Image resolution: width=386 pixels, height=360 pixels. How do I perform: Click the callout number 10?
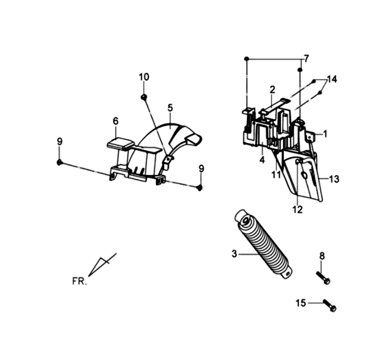click(144, 77)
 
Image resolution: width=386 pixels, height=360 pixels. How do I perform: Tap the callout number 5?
click(170, 107)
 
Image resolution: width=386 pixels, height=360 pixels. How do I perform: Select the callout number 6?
click(116, 121)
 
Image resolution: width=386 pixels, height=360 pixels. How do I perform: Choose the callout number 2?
click(272, 89)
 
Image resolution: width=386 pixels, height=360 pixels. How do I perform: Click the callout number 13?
click(334, 179)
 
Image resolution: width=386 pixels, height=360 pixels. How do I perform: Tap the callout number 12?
click(297, 210)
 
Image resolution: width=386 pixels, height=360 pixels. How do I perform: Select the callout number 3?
click(234, 253)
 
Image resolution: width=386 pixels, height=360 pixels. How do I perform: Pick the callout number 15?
click(301, 303)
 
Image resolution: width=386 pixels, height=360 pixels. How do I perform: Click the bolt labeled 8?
click(324, 279)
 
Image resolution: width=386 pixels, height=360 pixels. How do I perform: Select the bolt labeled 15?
click(331, 306)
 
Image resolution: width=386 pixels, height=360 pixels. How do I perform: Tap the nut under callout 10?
click(143, 97)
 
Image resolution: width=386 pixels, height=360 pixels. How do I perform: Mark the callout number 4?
click(262, 160)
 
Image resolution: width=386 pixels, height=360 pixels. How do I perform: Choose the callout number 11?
click(276, 174)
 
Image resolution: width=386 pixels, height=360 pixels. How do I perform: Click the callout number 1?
click(325, 133)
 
